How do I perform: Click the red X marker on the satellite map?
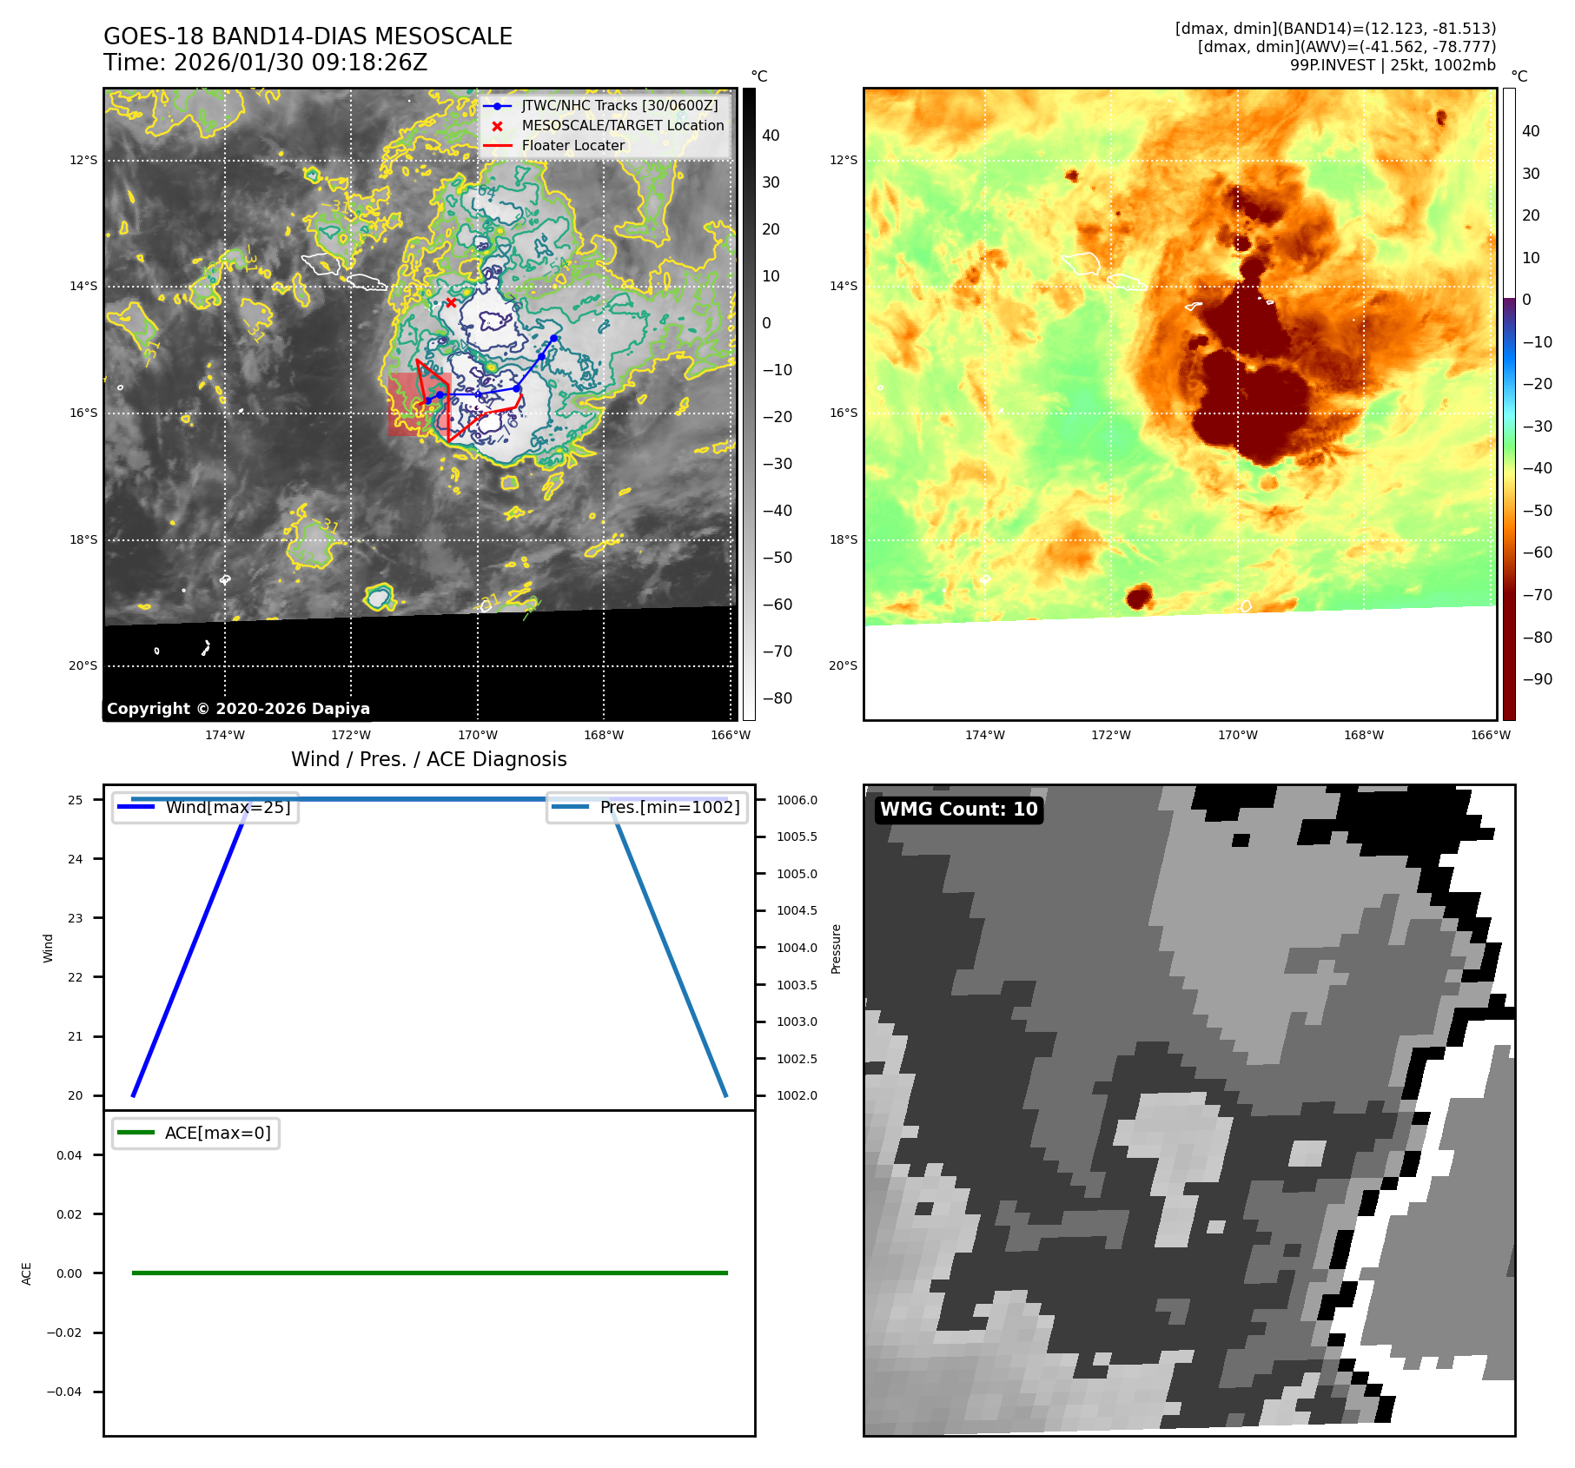(x=451, y=303)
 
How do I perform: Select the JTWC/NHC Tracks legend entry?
(x=619, y=106)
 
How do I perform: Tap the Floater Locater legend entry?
(x=572, y=146)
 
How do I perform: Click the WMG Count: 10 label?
(x=958, y=810)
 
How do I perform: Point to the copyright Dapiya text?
(x=238, y=709)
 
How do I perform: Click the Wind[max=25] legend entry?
(x=228, y=808)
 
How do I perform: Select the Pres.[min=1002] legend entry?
(x=669, y=808)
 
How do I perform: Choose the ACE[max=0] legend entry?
(x=217, y=1134)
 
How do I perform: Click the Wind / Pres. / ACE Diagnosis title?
(x=428, y=760)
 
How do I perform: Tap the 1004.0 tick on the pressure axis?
(x=797, y=949)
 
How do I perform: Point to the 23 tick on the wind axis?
(x=76, y=918)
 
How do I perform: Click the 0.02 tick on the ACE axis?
(x=69, y=1214)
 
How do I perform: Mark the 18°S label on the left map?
(x=83, y=540)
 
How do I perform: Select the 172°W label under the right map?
(x=1111, y=736)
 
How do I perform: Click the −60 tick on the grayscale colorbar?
(x=778, y=605)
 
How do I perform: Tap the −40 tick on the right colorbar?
(x=1537, y=469)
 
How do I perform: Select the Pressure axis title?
(x=837, y=949)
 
